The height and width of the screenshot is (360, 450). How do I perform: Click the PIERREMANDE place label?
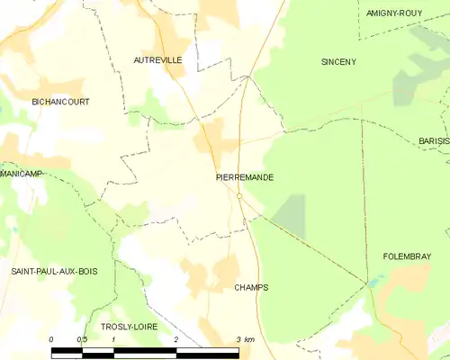pyautogui.click(x=245, y=177)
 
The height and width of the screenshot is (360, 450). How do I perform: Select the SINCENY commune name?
pyautogui.click(x=339, y=62)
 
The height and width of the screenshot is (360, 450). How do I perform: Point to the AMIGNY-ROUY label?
pyautogui.click(x=396, y=13)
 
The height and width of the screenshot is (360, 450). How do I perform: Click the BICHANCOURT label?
pyautogui.click(x=60, y=103)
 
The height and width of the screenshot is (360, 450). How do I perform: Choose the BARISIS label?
pyautogui.click(x=434, y=142)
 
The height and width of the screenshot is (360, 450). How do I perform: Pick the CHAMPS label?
pyautogui.click(x=251, y=288)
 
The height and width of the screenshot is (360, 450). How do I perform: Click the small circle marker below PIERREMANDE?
pyautogui.click(x=240, y=196)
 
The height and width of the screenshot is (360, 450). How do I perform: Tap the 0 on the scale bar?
pyautogui.click(x=51, y=339)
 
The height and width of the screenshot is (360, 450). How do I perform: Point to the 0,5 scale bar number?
pyautogui.click(x=82, y=339)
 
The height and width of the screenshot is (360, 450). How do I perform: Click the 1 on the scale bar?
pyautogui.click(x=114, y=339)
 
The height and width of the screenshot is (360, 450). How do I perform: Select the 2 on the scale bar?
pyautogui.click(x=176, y=339)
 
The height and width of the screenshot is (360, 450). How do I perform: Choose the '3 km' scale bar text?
pyautogui.click(x=244, y=339)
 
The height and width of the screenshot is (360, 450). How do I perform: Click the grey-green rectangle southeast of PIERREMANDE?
pyautogui.click(x=289, y=216)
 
